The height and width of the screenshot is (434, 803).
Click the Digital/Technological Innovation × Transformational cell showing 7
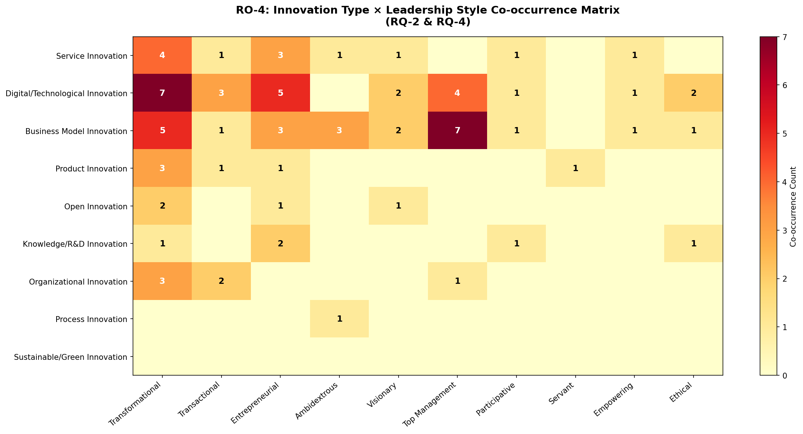click(x=162, y=93)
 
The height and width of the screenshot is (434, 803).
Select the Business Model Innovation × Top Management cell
click(x=457, y=131)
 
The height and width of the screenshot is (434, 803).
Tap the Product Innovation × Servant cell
click(x=575, y=168)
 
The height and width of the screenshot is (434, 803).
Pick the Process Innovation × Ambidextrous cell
click(x=339, y=319)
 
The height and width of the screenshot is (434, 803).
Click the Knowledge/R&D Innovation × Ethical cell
click(x=693, y=243)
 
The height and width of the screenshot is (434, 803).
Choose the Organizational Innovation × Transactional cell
click(x=222, y=281)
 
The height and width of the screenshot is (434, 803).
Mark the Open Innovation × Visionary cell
click(x=398, y=206)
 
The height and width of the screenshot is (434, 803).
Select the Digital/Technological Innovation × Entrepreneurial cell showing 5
click(x=280, y=93)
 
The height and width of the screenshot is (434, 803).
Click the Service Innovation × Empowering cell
click(x=634, y=55)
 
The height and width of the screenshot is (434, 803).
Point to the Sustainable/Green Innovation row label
click(x=71, y=357)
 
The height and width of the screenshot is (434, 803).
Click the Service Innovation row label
click(x=92, y=56)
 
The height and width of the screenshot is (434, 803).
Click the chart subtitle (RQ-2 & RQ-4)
click(x=428, y=22)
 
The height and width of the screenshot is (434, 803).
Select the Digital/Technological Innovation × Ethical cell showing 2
click(x=693, y=93)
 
